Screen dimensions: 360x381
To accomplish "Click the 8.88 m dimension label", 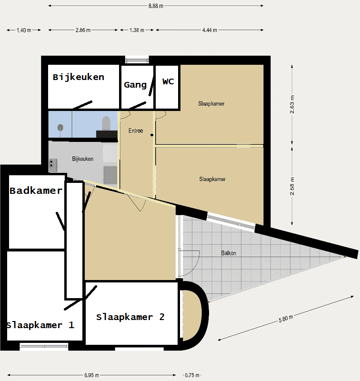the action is [x=156, y=6].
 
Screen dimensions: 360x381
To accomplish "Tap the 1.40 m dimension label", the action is [x=24, y=30].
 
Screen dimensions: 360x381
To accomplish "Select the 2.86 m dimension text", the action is [x=83, y=30].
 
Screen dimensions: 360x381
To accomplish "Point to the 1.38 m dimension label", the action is [x=137, y=30].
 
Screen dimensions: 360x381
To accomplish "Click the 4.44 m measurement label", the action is [x=210, y=30].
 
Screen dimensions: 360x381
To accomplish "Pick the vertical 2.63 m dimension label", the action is [x=292, y=104].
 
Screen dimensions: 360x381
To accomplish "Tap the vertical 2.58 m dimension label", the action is [x=292, y=186].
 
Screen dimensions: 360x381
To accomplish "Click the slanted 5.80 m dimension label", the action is [x=286, y=319].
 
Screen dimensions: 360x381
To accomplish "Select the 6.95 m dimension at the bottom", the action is [x=91, y=375].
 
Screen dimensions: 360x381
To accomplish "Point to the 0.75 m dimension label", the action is [x=192, y=375].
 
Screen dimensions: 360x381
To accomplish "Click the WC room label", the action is [x=168, y=81].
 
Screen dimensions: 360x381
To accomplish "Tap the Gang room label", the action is [x=135, y=85].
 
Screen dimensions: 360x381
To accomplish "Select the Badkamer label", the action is [x=36, y=190].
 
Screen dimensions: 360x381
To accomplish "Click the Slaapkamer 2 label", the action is [x=130, y=317].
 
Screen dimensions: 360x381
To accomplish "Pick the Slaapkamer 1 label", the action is [x=40, y=325].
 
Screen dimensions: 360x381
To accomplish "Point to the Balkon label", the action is [x=229, y=253].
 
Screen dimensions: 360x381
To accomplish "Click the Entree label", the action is [x=136, y=130].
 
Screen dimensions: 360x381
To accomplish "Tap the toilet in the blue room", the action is [x=106, y=123].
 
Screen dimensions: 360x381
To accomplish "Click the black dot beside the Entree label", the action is [x=152, y=135].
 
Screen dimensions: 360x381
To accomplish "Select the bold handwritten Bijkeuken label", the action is [x=79, y=77].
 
